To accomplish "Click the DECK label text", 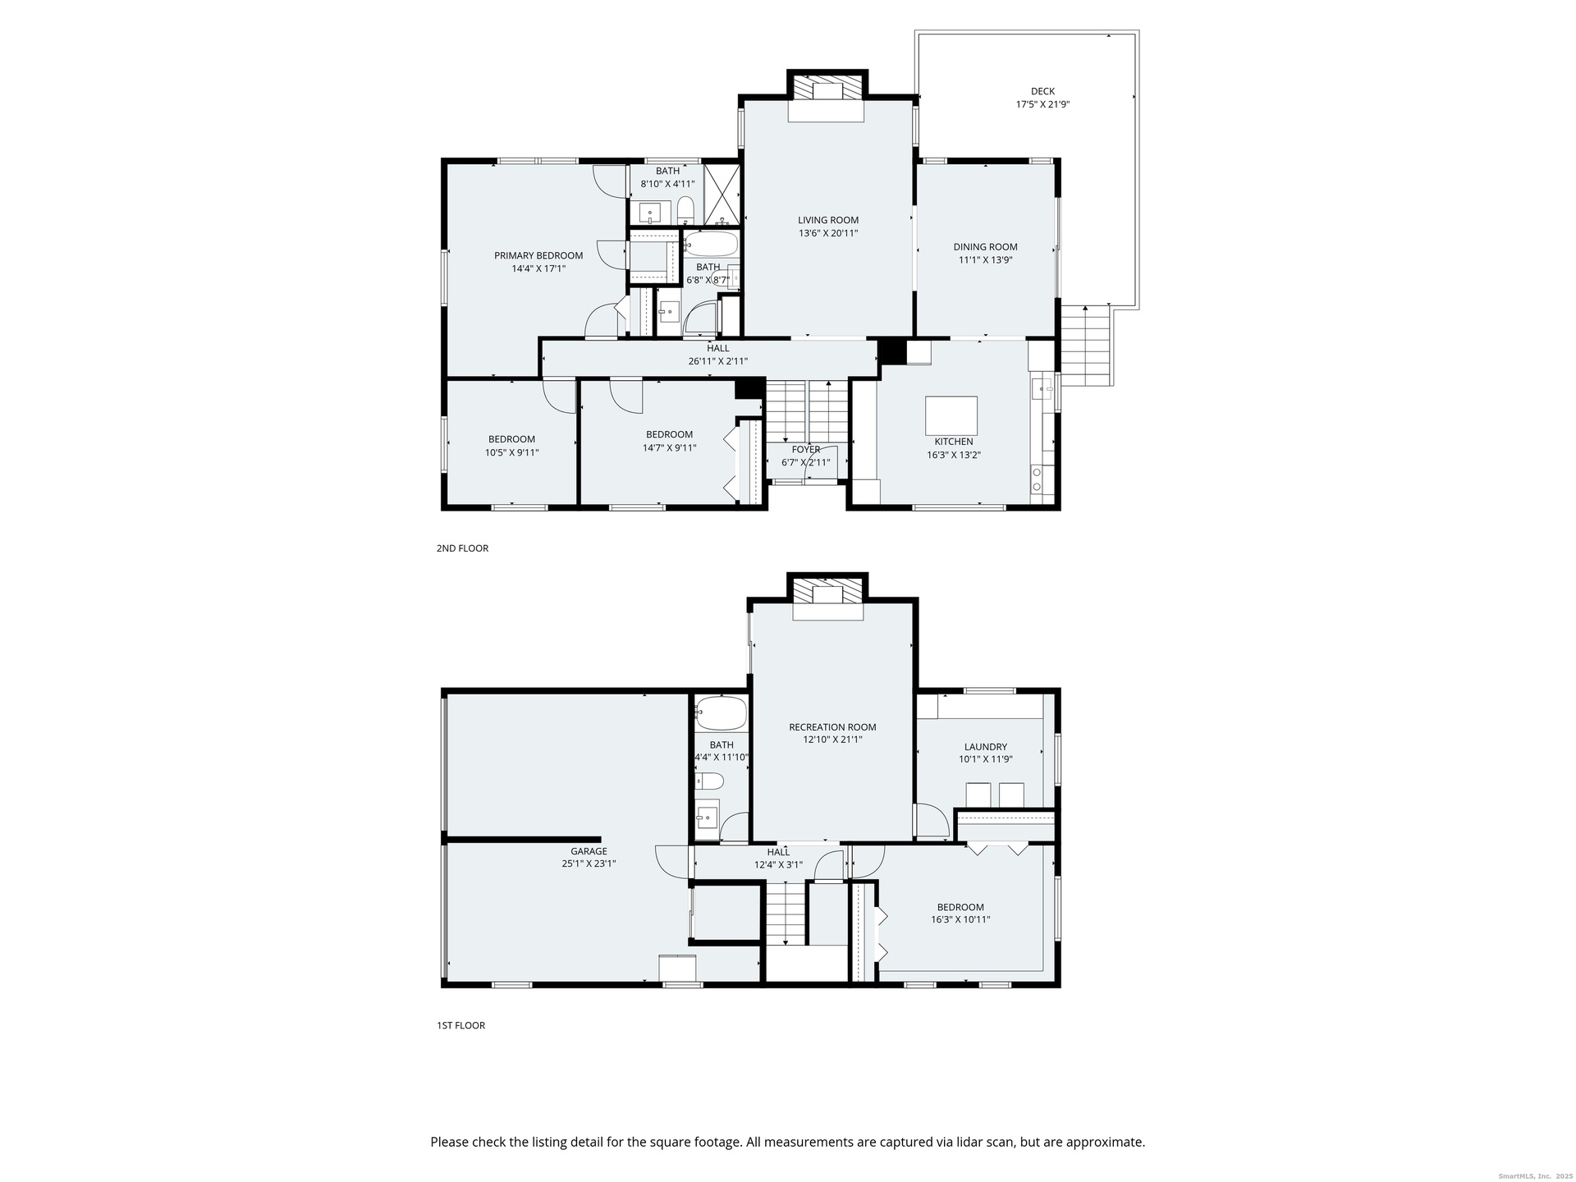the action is point(1042,91).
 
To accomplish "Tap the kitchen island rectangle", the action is point(951,415).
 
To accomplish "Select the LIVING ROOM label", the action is point(828,220).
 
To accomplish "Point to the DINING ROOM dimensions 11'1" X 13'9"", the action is point(985,260).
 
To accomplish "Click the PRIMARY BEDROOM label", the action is point(538,255).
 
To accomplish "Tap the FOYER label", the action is point(806,450).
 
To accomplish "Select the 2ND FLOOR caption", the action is point(462,548).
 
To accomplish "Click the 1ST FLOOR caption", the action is point(460,1025).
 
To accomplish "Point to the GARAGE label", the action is point(589,851).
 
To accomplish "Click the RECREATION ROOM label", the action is point(832,727).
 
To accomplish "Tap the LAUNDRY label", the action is point(985,747).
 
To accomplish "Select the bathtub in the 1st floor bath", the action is point(721,714).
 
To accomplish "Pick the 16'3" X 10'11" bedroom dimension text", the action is point(960,919).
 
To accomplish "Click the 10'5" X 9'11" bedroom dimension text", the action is point(511,452).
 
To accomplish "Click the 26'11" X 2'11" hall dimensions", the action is point(717,361).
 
